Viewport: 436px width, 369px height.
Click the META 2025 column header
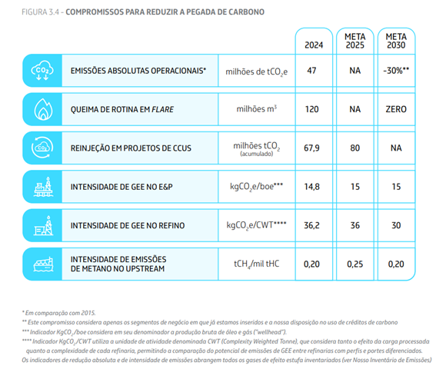tap(354, 41)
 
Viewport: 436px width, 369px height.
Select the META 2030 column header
tap(396, 41)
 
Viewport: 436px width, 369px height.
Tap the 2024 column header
tap(314, 45)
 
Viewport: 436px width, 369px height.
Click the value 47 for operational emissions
tap(311, 71)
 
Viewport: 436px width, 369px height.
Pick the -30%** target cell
tap(396, 71)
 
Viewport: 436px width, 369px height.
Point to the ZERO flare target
tap(396, 109)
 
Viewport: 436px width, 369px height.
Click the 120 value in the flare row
tap(311, 109)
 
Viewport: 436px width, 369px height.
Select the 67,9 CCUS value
tap(311, 148)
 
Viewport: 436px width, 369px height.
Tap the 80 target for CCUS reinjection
tap(354, 148)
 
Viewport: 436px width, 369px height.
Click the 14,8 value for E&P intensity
tap(311, 187)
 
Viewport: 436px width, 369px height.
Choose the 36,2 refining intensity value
tap(311, 225)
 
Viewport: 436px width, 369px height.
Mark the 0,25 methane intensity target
tap(354, 264)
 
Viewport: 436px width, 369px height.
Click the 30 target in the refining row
tap(396, 225)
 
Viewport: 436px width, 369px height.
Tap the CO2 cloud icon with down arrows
tap(42, 71)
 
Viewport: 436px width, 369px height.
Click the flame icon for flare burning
tap(43, 109)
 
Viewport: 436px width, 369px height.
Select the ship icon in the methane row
tap(43, 264)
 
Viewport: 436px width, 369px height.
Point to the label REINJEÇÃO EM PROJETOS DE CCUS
tap(131, 148)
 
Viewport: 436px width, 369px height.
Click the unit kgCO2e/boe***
tap(256, 187)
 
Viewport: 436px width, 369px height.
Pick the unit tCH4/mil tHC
tap(256, 264)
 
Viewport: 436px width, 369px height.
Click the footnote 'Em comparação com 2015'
tap(59, 313)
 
